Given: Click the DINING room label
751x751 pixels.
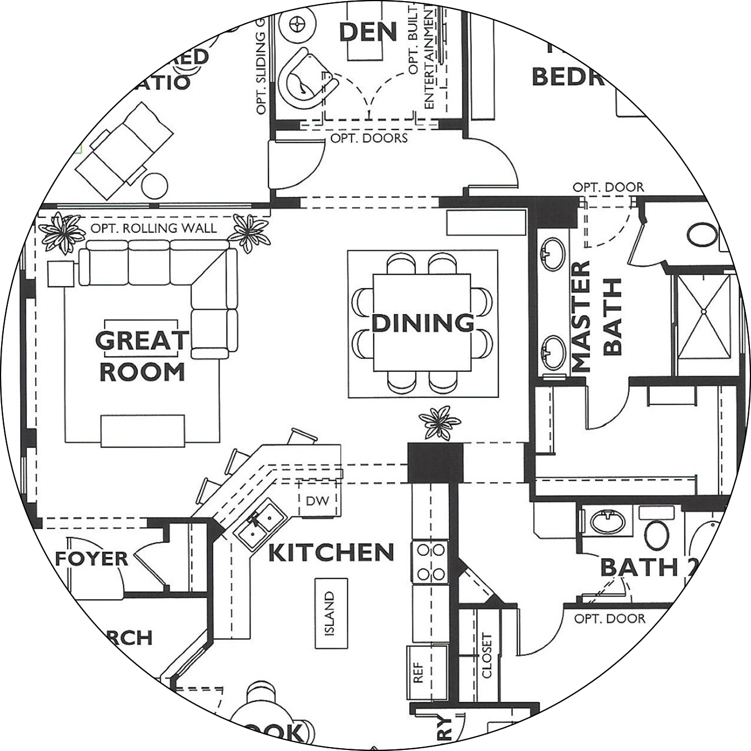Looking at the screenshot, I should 422,323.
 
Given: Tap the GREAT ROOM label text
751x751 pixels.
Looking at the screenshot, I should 142,356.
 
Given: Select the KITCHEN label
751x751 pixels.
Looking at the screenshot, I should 331,553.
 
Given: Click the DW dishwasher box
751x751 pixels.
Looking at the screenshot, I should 317,500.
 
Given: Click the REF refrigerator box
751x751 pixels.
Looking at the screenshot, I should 419,672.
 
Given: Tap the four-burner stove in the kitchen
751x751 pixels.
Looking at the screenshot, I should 430,561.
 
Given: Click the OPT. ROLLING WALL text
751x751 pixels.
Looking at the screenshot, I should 154,228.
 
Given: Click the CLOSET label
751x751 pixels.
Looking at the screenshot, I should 487,655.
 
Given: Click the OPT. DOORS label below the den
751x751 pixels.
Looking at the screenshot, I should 369,138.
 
